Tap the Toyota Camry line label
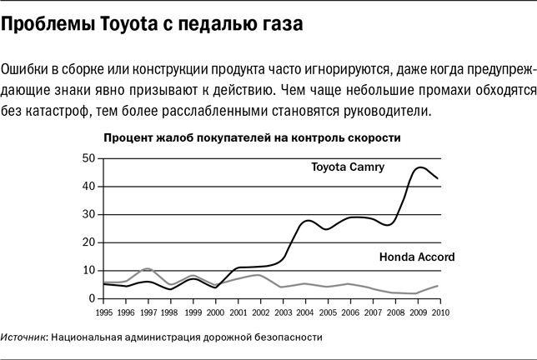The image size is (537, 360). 347,167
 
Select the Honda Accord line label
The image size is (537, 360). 417,257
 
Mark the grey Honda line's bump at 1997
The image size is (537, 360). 147,269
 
